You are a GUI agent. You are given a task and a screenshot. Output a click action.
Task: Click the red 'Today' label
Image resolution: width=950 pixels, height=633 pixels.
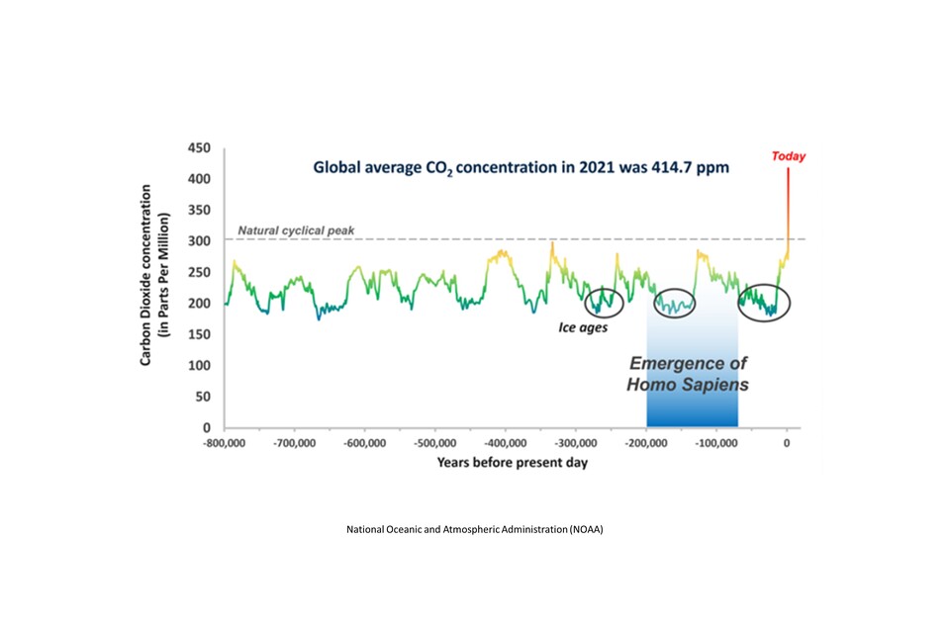point(789,156)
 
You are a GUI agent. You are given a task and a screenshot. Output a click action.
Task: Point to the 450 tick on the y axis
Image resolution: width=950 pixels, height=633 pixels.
point(200,148)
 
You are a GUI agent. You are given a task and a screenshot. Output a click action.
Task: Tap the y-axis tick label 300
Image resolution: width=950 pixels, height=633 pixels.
point(200,241)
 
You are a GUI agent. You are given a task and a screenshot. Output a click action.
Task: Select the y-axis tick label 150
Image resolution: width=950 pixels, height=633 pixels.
point(200,334)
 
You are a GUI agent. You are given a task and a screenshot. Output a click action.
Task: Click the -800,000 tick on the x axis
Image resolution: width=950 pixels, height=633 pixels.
point(225,442)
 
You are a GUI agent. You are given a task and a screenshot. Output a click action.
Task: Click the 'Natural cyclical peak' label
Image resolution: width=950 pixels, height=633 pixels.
point(289,230)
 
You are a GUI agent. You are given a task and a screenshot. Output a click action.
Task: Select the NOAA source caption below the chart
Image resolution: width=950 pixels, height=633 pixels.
point(474,529)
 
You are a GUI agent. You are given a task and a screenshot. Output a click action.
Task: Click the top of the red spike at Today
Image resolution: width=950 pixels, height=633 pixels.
point(788,170)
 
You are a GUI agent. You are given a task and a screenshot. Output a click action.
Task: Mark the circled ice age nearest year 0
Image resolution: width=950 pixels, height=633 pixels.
point(764,302)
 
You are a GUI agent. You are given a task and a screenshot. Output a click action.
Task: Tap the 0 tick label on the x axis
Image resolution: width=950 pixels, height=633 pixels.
point(787,442)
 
